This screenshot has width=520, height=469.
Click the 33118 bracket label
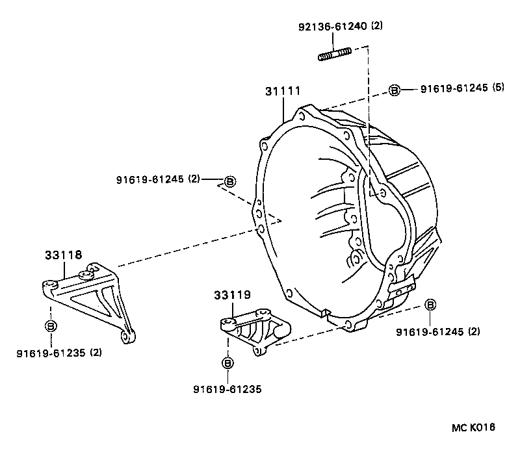click(x=64, y=255)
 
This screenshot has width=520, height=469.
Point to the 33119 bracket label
click(x=231, y=295)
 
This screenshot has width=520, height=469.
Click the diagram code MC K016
click(x=474, y=427)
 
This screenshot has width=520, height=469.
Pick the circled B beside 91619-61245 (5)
click(x=394, y=90)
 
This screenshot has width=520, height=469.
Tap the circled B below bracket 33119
click(x=227, y=363)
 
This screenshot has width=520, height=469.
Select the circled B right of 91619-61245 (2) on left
click(x=229, y=181)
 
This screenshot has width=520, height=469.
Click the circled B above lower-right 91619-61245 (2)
click(x=430, y=305)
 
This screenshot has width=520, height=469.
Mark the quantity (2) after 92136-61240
click(x=377, y=27)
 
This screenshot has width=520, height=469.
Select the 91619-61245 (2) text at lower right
click(x=437, y=331)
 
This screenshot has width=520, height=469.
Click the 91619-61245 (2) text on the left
click(x=159, y=179)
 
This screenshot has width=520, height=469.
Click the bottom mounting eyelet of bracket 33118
click(x=127, y=337)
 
